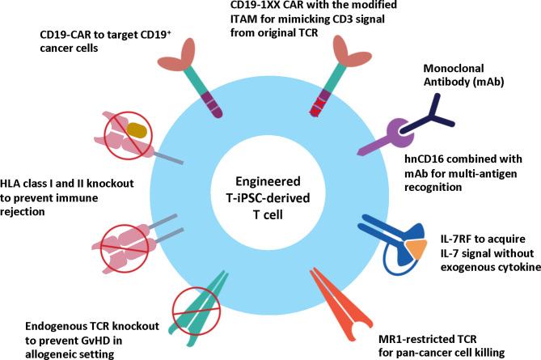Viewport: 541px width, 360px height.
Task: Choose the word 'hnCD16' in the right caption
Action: (x=426, y=160)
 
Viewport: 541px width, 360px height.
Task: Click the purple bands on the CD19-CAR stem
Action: (x=214, y=104)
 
